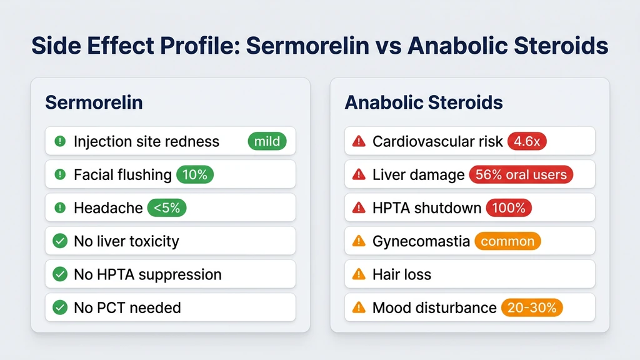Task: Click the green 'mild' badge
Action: pyautogui.click(x=267, y=141)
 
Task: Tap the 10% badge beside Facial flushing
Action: pyautogui.click(x=195, y=174)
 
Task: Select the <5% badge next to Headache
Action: pyautogui.click(x=167, y=207)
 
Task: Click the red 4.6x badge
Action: pyautogui.click(x=527, y=141)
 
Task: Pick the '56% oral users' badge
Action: pyautogui.click(x=521, y=174)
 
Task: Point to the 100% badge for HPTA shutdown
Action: pyautogui.click(x=509, y=207)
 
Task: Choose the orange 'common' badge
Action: pyautogui.click(x=507, y=241)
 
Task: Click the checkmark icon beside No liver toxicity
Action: pyautogui.click(x=60, y=241)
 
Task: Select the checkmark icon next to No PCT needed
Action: pyautogui.click(x=60, y=307)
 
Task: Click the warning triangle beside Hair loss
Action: pyautogui.click(x=359, y=274)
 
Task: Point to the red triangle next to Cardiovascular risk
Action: pyautogui.click(x=359, y=141)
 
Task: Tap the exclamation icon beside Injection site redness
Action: pyautogui.click(x=60, y=141)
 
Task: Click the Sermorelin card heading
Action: pyautogui.click(x=94, y=102)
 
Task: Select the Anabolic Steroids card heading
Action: pyautogui.click(x=424, y=102)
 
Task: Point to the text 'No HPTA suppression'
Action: pyautogui.click(x=147, y=274)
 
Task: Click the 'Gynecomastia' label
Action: pyautogui.click(x=421, y=241)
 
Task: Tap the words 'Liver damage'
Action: pyautogui.click(x=418, y=175)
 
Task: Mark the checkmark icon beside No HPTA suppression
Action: pyautogui.click(x=60, y=274)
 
